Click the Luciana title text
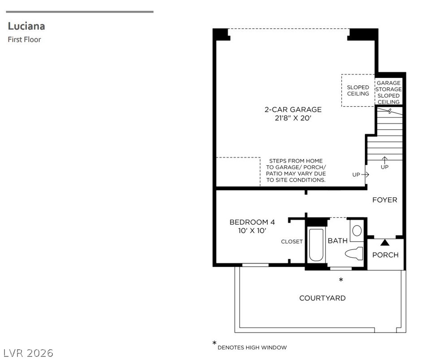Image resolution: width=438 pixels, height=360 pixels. tap(26, 26)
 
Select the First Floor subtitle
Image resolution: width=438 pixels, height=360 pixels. tap(24, 39)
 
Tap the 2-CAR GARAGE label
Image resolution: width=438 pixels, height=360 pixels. tap(293, 109)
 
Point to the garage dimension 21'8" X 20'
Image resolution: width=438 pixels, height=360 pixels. tap(293, 118)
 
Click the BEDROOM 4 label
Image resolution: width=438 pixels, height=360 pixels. tap(252, 222)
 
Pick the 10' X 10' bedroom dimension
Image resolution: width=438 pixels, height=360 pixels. tap(252, 231)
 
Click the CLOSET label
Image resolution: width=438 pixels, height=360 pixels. tap(292, 241)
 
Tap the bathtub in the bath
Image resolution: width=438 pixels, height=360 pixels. tap(316, 245)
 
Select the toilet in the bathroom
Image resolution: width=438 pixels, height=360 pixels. tap(354, 253)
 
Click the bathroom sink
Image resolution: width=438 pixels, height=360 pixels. tap(357, 231)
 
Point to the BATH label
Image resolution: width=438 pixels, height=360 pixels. tap(337, 241)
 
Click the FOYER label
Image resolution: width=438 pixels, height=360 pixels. tap(385, 200)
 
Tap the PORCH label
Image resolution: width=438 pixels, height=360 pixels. tap(385, 255)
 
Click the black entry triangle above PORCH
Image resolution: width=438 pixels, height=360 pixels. tap(385, 243)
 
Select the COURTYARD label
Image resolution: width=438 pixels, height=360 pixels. tap(322, 298)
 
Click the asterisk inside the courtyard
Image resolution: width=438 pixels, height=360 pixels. tap(341, 279)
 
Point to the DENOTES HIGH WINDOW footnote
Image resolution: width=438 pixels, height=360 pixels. tap(252, 347)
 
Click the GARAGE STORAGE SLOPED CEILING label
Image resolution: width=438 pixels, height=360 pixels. tap(389, 92)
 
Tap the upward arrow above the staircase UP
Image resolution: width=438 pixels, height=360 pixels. tap(385, 160)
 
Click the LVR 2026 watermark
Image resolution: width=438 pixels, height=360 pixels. tap(29, 353)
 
